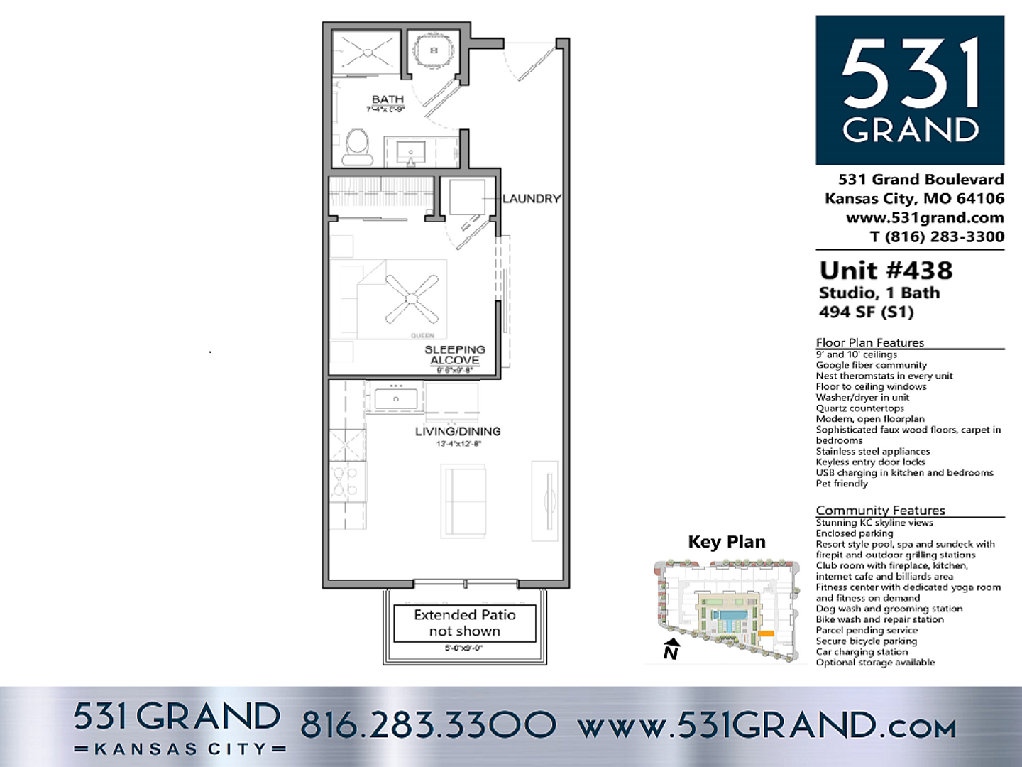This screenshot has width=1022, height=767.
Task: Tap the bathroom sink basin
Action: click(x=410, y=151)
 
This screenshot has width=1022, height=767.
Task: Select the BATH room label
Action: click(x=388, y=100)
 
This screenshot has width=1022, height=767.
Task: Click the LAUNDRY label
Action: click(x=532, y=199)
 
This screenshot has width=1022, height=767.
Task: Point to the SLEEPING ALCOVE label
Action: click(x=455, y=355)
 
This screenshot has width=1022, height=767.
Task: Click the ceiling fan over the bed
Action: click(x=412, y=298)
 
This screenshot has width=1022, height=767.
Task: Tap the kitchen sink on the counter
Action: click(x=395, y=398)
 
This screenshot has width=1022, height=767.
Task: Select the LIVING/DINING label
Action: click(x=458, y=431)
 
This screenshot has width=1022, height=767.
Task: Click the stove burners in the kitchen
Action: click(x=346, y=481)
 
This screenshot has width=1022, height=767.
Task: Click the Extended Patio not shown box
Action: click(x=465, y=623)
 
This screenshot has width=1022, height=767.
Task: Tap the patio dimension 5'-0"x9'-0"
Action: click(x=463, y=648)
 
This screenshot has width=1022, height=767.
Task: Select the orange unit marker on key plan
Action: click(x=766, y=633)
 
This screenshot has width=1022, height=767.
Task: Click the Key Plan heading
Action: click(x=727, y=542)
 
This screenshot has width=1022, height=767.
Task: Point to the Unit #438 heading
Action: click(x=886, y=271)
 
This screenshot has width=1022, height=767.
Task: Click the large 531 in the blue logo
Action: click(x=911, y=75)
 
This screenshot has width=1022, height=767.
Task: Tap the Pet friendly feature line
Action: click(x=842, y=484)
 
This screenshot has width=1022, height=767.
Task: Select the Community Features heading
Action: click(x=880, y=510)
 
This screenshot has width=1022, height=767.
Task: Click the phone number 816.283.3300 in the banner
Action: click(x=428, y=725)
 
